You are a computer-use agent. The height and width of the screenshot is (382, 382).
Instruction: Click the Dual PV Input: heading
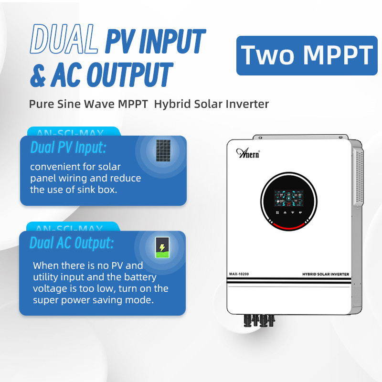click(68, 148)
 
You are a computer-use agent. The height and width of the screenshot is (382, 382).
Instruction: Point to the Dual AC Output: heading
click(72, 243)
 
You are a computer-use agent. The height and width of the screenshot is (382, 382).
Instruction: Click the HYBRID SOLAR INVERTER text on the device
click(326, 274)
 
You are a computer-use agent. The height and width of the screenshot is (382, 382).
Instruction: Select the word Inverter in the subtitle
click(249, 104)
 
